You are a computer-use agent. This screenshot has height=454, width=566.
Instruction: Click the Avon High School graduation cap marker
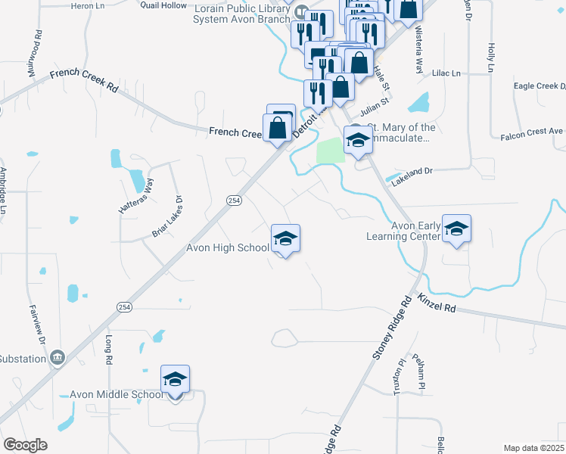tap(285, 239)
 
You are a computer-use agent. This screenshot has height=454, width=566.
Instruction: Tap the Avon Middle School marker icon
tap(175, 381)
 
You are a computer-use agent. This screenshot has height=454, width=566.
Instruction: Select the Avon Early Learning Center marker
tap(456, 229)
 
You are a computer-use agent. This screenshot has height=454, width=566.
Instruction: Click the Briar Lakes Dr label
tap(168, 217)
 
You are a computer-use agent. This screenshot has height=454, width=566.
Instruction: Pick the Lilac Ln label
tap(446, 73)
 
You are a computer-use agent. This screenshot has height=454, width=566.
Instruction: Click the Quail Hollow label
tap(163, 5)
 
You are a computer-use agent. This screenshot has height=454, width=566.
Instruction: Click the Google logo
tap(25, 445)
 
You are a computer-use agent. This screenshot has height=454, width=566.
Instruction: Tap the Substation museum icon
tap(56, 357)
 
